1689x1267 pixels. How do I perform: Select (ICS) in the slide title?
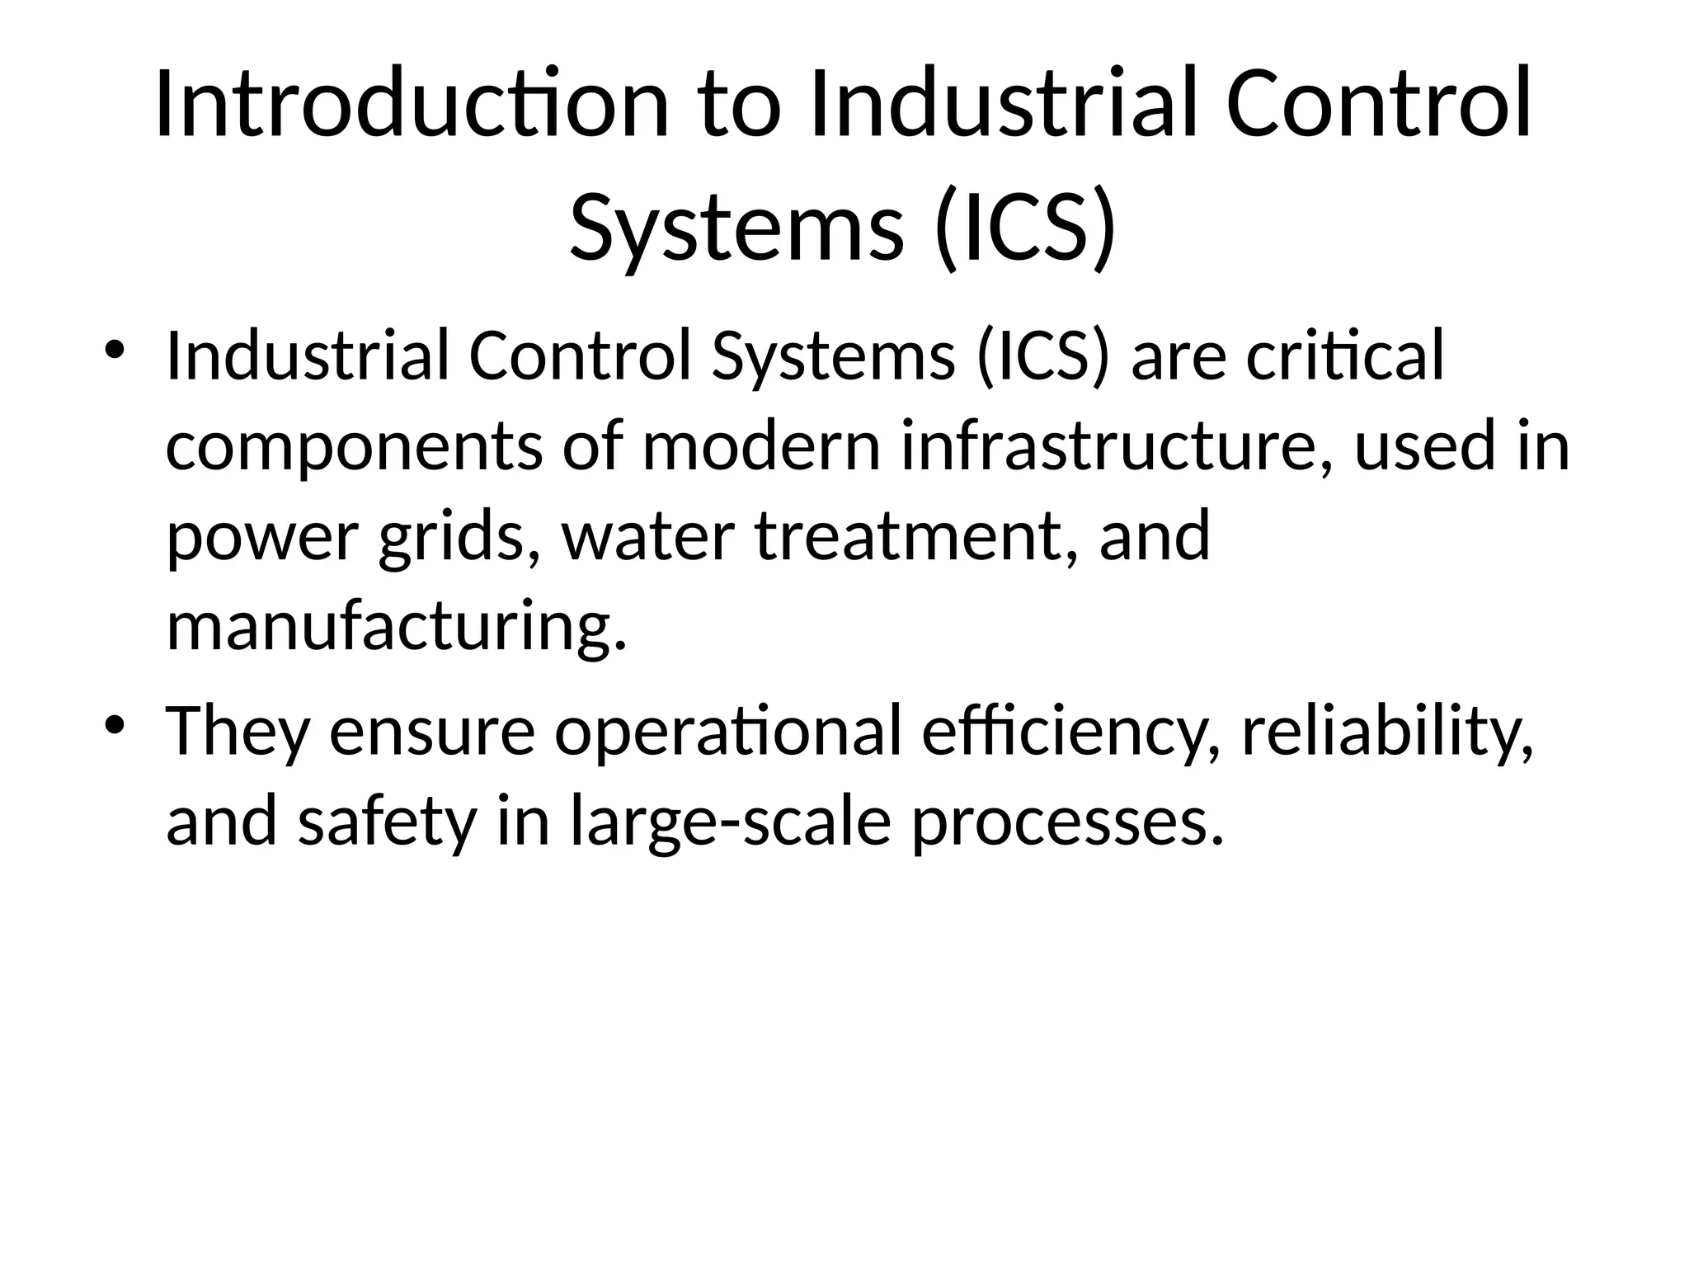(x=1026, y=225)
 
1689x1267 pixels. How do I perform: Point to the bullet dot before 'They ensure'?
(x=115, y=723)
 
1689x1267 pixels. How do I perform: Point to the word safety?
(x=387, y=822)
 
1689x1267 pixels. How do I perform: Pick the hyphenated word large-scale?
(x=731, y=822)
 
